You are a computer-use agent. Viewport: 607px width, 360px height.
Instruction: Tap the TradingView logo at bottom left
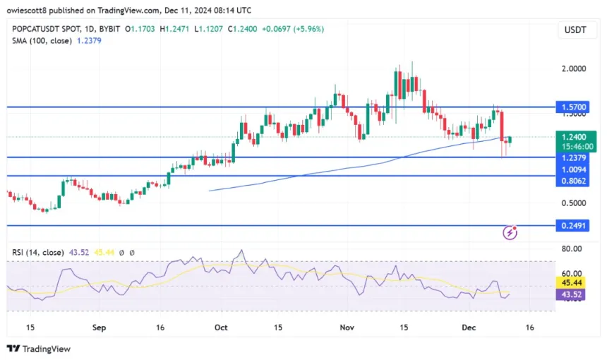pos(39,349)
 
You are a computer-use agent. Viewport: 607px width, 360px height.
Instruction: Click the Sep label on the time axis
pos(99,328)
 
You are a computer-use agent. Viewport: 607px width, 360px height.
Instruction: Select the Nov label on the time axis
pos(346,328)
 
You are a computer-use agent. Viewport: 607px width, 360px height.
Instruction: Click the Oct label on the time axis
pos(222,328)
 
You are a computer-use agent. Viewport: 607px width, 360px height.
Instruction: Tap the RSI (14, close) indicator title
pos(36,252)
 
